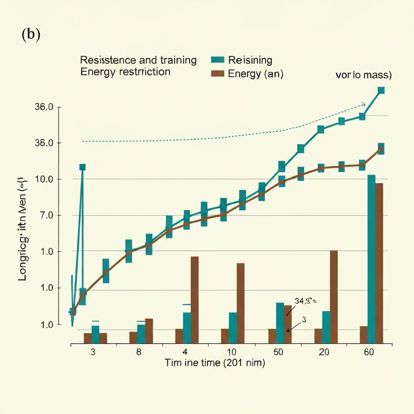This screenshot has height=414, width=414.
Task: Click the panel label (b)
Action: pyautogui.click(x=31, y=35)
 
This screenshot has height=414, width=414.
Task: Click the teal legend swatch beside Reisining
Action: pyautogui.click(x=218, y=60)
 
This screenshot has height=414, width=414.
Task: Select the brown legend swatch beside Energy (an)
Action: pyautogui.click(x=218, y=74)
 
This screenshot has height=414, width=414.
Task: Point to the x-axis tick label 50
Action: pyautogui.click(x=278, y=352)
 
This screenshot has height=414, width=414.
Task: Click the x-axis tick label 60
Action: pyautogui.click(x=369, y=352)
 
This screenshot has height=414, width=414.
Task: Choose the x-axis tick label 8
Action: pyautogui.click(x=139, y=352)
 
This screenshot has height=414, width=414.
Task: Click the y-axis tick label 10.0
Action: pyautogui.click(x=44, y=179)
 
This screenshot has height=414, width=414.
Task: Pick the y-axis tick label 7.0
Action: pyautogui.click(x=44, y=215)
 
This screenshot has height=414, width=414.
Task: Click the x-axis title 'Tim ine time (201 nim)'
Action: pyautogui.click(x=215, y=363)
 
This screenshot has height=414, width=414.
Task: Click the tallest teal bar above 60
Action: pyautogui.click(x=372, y=259)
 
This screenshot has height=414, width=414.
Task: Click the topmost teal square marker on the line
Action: pyautogui.click(x=381, y=90)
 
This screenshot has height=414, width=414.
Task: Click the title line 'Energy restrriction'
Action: pyautogui.click(x=125, y=72)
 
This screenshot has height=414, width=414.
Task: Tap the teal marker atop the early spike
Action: pyautogui.click(x=82, y=167)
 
